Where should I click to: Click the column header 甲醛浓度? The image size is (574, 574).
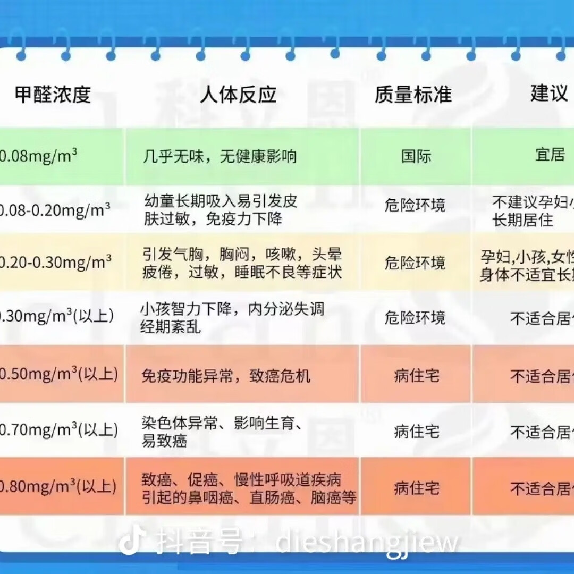pos(53,95)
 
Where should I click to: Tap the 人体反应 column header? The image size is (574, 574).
pos(238,95)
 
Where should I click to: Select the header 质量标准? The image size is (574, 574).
pos(413,95)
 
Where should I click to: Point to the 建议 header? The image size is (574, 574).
pos(549,94)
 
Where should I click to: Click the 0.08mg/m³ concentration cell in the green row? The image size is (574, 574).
pos(38,156)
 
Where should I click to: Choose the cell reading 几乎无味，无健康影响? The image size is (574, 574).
pos(220,156)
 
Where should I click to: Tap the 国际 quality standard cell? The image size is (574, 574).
pos(416,156)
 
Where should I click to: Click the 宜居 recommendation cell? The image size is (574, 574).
pos(550,155)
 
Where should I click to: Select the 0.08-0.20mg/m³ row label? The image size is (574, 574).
pos(55,210)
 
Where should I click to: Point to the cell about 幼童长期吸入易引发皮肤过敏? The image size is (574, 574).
pos(221,209)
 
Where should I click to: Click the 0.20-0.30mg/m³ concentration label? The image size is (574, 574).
pos(55,262)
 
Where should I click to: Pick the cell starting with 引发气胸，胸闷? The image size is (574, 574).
pos(242,263)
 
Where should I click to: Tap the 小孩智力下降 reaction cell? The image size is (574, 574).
pos(232,317)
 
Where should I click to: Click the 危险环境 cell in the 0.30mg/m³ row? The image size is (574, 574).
pos(415,318)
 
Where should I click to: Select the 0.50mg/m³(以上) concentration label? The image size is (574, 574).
pos(58,374)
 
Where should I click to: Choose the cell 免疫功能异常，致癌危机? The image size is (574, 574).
pos(226,376)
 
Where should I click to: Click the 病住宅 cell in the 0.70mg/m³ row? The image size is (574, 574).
pos(417,432)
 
